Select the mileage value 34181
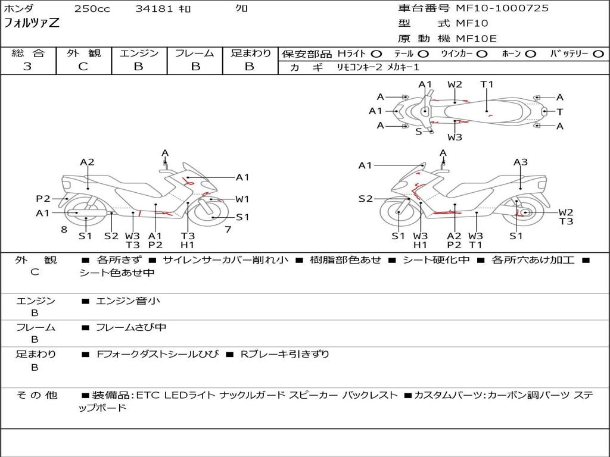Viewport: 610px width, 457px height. (154, 9)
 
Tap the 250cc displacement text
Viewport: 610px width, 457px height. (92, 9)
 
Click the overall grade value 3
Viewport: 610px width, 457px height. (27, 67)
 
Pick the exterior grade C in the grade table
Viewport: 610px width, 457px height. (83, 67)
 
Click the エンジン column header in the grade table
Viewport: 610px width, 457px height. (139, 53)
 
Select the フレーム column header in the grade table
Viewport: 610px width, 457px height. (195, 53)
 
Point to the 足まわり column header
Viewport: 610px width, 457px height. (251, 53)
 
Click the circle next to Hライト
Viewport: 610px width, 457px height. (376, 54)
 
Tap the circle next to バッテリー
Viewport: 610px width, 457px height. (598, 54)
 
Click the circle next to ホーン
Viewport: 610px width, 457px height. (531, 54)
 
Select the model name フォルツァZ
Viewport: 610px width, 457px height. (32, 24)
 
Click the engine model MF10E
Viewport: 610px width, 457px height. (477, 39)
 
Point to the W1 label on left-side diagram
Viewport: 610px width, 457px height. (242, 199)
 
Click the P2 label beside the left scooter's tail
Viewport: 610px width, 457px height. (43, 199)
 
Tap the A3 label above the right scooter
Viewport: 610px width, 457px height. (521, 162)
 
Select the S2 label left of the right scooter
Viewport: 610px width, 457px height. (365, 199)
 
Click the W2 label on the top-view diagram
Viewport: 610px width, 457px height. (455, 84)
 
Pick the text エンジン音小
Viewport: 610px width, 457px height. (128, 301)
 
